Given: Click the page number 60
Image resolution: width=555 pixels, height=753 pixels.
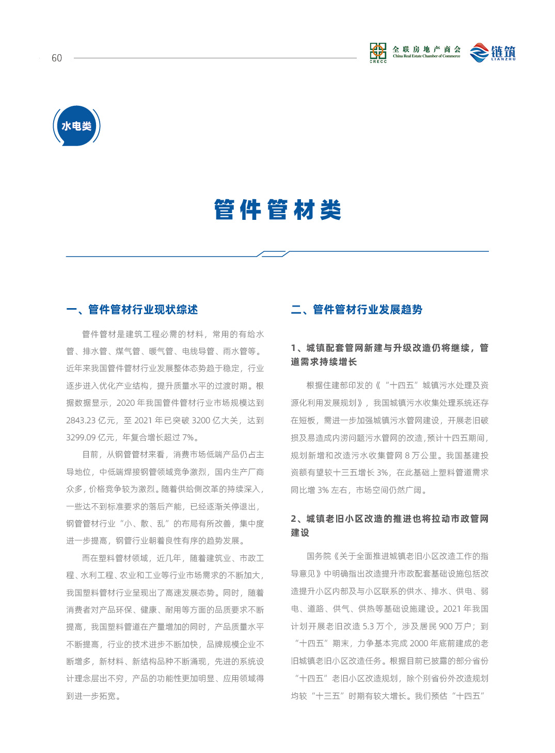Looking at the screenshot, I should click(57, 58).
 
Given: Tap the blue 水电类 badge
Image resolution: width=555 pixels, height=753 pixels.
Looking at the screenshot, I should click(76, 126).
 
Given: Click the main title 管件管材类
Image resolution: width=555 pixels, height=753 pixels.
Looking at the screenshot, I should click(278, 210).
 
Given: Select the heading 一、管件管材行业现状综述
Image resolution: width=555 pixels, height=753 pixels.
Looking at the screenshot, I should click(132, 310).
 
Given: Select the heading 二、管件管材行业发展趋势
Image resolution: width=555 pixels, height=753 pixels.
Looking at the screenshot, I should click(357, 310).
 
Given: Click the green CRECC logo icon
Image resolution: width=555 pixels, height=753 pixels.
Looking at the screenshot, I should click(378, 52).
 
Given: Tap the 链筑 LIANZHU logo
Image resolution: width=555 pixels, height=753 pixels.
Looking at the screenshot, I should click(493, 53).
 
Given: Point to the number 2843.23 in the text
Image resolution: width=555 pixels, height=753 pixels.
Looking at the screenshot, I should click(80, 421).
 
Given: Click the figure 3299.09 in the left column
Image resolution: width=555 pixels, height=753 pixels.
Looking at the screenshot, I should click(81, 438).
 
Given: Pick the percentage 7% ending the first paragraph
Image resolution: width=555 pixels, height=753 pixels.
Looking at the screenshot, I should click(188, 438).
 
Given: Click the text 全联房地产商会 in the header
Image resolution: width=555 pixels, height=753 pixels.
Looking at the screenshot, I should click(426, 50).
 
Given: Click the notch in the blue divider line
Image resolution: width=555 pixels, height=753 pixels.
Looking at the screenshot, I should click(273, 253).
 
